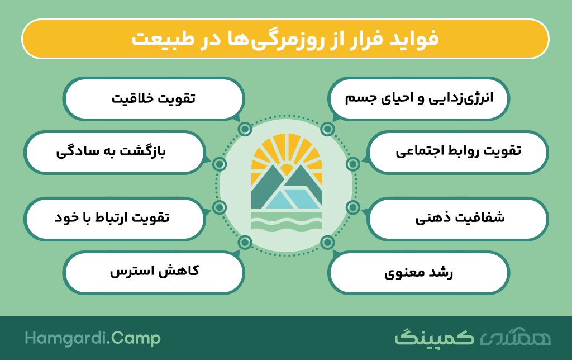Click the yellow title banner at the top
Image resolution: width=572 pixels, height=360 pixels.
[285, 39]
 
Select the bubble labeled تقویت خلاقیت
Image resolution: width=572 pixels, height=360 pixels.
[154, 98]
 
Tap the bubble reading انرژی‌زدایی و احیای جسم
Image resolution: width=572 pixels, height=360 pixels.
[418, 98]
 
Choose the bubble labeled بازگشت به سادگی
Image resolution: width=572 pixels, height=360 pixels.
[114, 152]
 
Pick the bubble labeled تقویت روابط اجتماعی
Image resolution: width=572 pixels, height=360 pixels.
[457, 152]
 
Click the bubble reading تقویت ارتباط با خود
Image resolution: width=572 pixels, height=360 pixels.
[114, 219]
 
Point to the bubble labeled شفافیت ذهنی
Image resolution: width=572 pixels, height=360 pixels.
[457, 219]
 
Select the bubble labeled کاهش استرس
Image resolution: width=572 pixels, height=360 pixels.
[154, 272]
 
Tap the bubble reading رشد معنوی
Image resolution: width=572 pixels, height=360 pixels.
[418, 272]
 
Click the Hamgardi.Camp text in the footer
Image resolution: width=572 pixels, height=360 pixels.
[93, 338]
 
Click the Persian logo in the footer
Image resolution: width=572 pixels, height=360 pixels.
[473, 337]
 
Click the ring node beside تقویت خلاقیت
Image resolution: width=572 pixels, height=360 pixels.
[245, 129]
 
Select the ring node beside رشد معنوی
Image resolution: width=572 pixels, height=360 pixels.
[327, 242]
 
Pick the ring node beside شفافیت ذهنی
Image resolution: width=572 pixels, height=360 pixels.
[353, 207]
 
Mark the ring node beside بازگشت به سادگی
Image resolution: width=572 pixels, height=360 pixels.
[219, 164]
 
